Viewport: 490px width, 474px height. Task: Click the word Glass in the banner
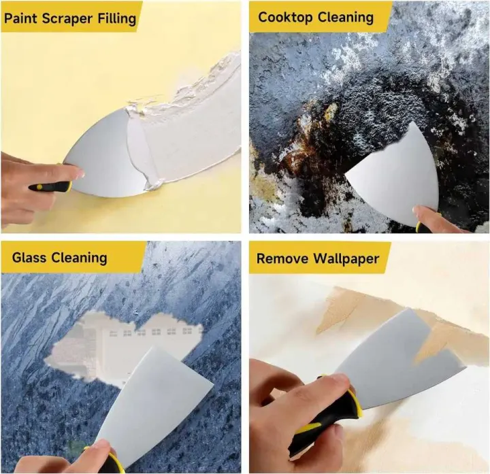[29, 257]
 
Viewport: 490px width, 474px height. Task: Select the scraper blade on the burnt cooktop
[395, 173]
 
